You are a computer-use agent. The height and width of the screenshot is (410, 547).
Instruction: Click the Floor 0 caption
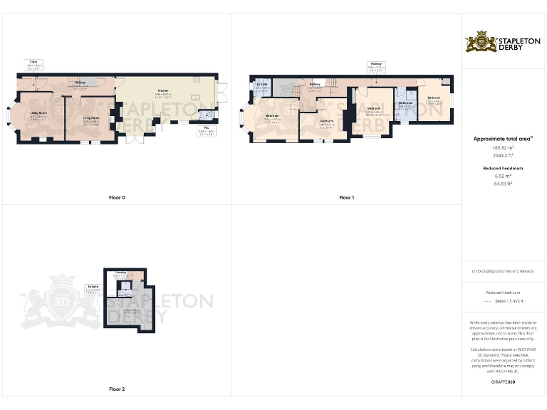pos(116,197)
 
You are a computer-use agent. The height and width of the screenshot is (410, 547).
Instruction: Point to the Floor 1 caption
pos(346,197)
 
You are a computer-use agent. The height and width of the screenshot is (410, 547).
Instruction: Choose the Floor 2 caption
pos(116,389)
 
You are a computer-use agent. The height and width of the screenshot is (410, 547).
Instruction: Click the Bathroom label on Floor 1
pos(406,105)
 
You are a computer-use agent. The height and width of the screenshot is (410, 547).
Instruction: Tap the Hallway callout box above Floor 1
pos(376,68)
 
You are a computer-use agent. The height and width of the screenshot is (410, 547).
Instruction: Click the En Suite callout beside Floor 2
pos(93,288)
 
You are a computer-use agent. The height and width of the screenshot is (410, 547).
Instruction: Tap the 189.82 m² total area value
pos(504,147)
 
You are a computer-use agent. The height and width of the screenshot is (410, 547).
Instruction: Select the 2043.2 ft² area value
pos(504,154)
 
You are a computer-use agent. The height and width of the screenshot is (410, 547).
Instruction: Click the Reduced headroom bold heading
pos(504,168)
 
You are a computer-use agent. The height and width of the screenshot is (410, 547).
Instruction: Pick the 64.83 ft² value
pos(504,184)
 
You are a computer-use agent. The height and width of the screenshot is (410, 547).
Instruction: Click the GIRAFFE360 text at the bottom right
pos(504,382)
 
